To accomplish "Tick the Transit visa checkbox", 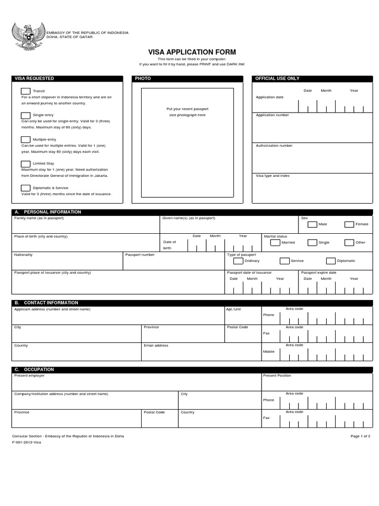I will tap(25, 91).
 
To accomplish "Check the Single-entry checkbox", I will tap(25, 115).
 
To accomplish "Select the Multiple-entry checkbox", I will tap(25, 139).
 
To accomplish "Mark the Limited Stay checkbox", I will tap(25, 164).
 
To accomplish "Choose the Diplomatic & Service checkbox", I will tap(25, 188).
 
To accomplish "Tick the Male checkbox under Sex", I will tap(312, 224).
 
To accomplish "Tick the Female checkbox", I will tap(349, 224).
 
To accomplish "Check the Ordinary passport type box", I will tap(238, 261).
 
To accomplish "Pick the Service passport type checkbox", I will tap(284, 261).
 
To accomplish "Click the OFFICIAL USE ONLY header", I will tap(277, 79).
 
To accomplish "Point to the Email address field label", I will tap(156, 346).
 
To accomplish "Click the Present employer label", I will tap(29, 376).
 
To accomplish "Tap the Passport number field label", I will tap(140, 255).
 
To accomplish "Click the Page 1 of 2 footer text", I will tap(360, 437).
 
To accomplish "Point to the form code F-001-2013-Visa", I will tap(27, 443).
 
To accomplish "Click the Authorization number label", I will tap(274, 146).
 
